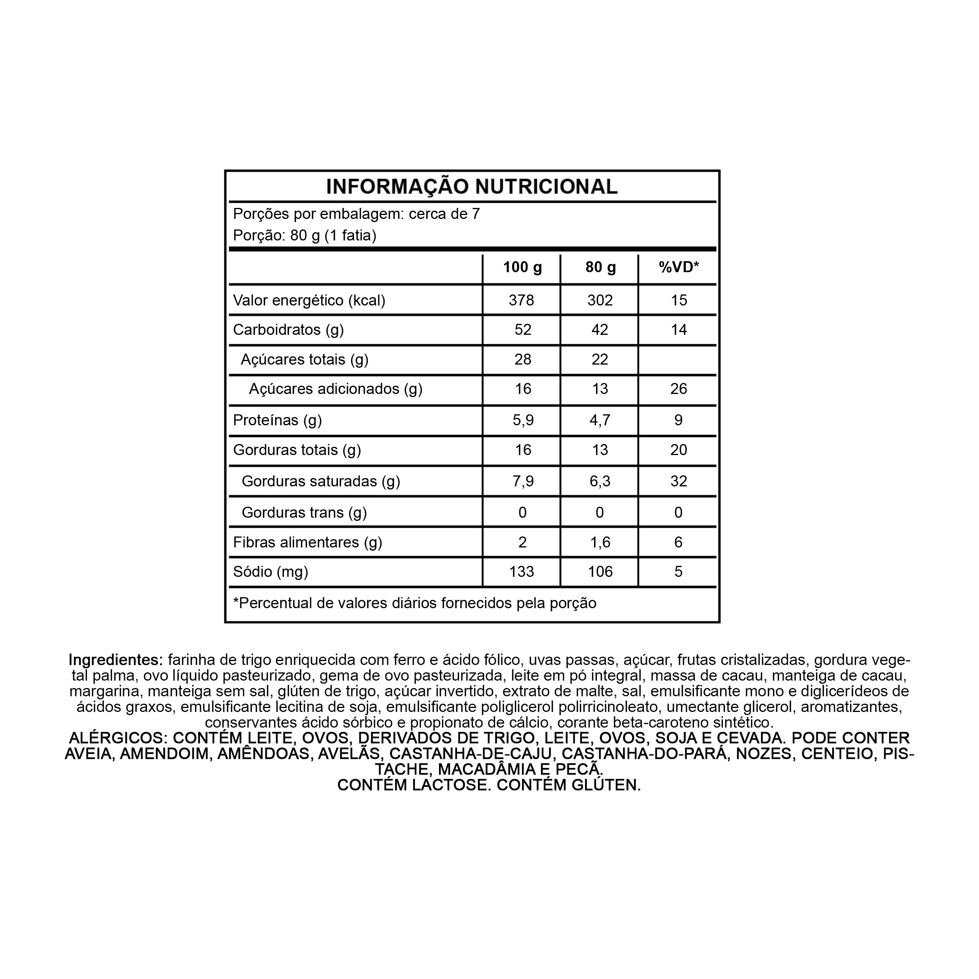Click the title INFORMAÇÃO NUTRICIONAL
click(x=472, y=186)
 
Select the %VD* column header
click(x=679, y=267)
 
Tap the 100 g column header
click(x=522, y=267)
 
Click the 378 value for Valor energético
click(x=522, y=300)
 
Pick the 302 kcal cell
click(x=600, y=300)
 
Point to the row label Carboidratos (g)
click(x=288, y=330)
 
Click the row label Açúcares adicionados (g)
click(x=336, y=389)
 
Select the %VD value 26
click(x=679, y=389)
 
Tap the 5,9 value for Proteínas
click(x=523, y=420)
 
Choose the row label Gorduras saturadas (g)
click(x=321, y=481)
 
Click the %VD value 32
click(x=679, y=481)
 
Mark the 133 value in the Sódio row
click(x=522, y=572)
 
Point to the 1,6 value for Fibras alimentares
click(x=600, y=543)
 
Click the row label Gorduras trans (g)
click(x=304, y=513)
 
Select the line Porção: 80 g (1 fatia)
click(x=305, y=236)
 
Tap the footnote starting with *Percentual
click(x=414, y=603)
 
